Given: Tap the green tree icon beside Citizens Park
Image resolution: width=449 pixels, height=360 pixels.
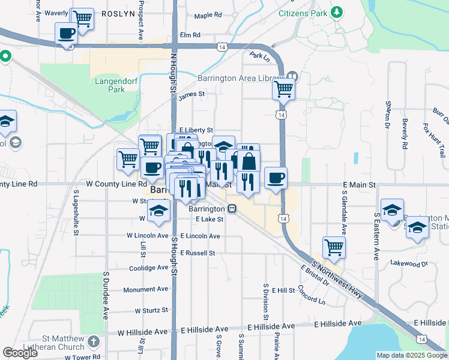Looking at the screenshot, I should (x=337, y=12).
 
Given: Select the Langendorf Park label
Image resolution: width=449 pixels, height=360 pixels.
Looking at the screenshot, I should (x=109, y=85).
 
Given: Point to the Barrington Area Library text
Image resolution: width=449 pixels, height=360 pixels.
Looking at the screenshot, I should (x=241, y=78).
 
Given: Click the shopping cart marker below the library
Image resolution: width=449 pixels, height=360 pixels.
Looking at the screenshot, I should (x=283, y=89).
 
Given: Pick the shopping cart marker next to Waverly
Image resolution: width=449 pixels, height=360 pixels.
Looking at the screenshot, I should (x=82, y=19).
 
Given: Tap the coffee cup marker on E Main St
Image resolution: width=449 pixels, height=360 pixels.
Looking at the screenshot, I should (x=276, y=178).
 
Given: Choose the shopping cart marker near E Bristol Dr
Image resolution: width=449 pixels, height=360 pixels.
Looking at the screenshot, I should (x=334, y=247).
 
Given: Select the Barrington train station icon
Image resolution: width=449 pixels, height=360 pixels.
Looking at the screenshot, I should (x=232, y=208).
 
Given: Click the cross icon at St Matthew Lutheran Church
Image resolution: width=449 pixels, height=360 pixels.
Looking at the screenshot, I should (x=92, y=341).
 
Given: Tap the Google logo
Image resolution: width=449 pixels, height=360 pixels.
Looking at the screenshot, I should (x=20, y=353).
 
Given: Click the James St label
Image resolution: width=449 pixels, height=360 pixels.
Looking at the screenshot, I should (x=191, y=94).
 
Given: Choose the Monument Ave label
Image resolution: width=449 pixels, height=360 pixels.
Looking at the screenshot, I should (x=146, y=290).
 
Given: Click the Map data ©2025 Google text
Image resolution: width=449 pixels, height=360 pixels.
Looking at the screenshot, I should (x=411, y=355).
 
